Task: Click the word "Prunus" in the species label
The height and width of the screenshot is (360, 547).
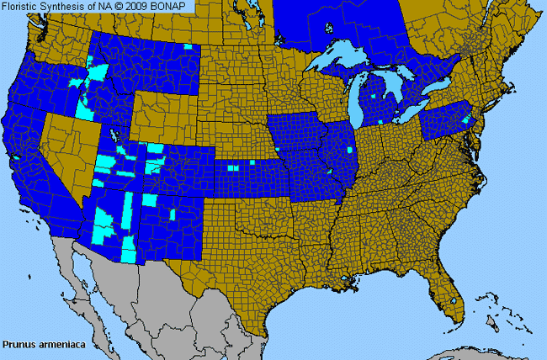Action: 18,344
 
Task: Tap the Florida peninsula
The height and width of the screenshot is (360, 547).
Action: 446,286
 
